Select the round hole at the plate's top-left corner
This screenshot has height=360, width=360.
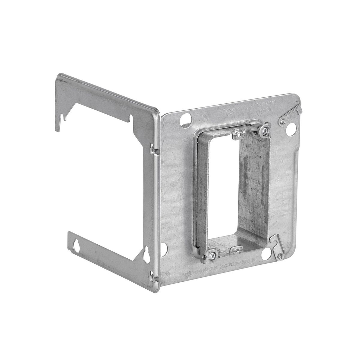[186, 120]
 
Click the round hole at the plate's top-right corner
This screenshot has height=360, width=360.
[291, 130]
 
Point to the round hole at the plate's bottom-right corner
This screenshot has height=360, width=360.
[266, 254]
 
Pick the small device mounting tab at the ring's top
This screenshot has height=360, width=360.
[239, 134]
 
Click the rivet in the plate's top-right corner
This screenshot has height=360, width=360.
[282, 122]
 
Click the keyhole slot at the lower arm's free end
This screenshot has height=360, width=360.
[76, 245]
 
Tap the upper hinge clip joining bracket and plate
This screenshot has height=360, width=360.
[154, 149]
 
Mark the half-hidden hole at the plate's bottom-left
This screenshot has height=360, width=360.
[164, 249]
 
